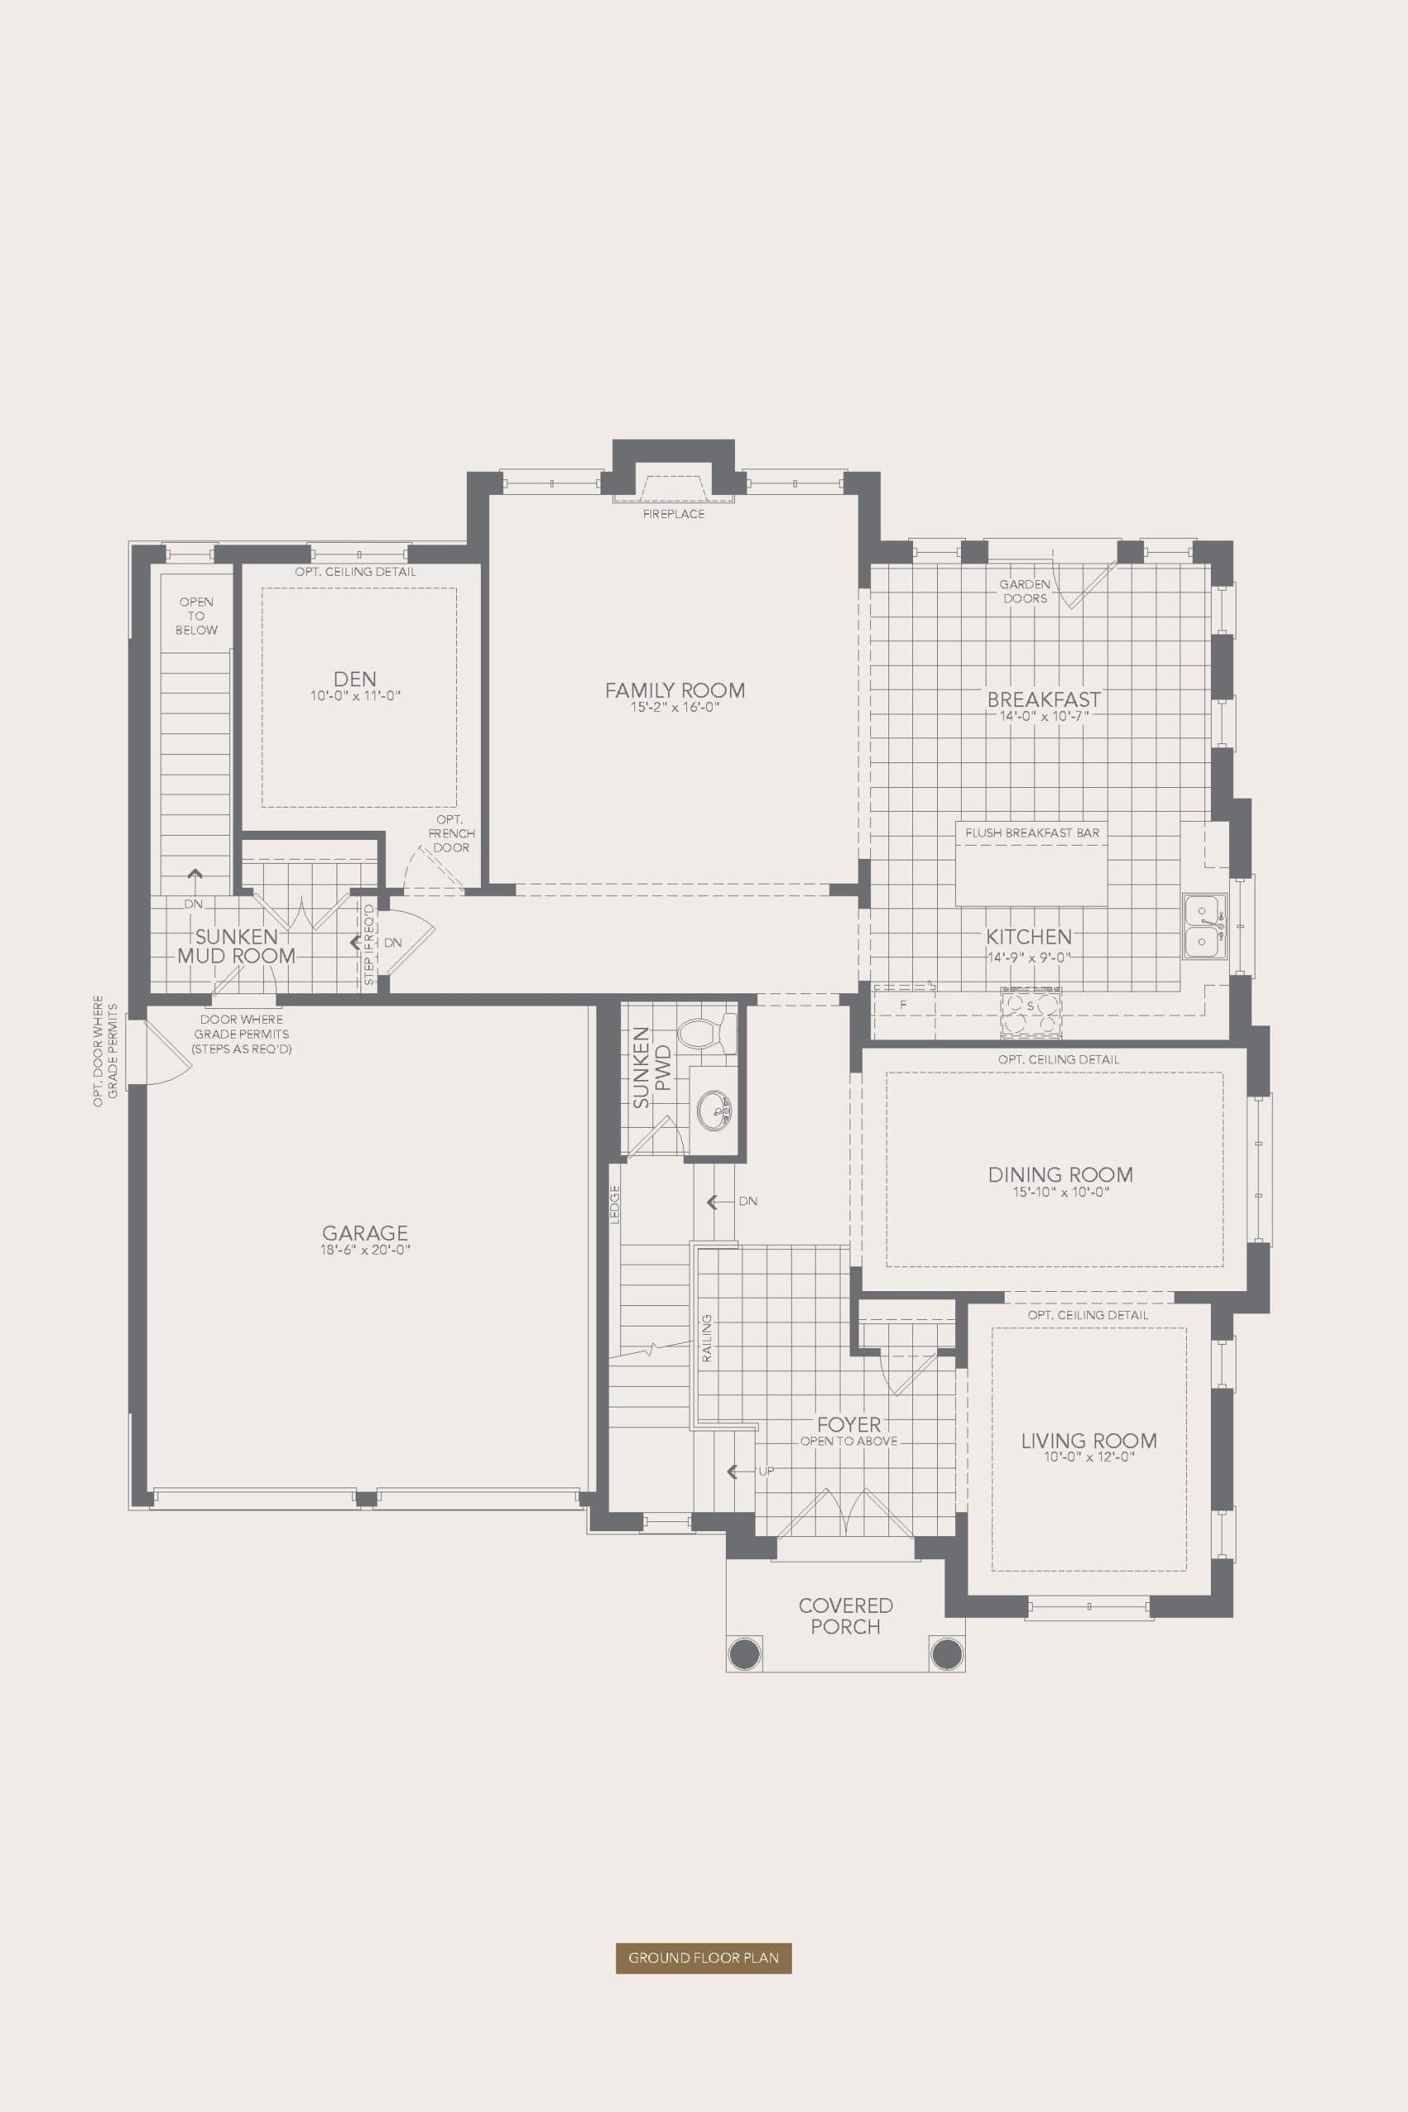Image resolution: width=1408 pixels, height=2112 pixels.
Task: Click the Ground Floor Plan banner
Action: click(x=703, y=1957)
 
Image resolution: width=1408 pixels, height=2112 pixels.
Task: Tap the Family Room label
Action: click(x=675, y=690)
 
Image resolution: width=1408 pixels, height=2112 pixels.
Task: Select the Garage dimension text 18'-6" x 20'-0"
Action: click(x=365, y=1250)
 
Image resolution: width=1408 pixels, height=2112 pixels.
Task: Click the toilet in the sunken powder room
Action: click(x=707, y=1034)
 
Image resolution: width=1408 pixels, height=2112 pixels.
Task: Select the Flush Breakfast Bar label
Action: click(x=1032, y=832)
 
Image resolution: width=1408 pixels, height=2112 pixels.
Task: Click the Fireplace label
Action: click(x=673, y=514)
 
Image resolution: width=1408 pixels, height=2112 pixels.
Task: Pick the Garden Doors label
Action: click(x=1024, y=591)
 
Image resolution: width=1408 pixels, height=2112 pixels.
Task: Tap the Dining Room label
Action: click(x=1060, y=1174)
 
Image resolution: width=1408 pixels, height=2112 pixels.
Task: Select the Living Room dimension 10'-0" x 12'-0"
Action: click(x=1088, y=1458)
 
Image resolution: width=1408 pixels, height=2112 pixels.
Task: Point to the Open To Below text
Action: click(x=195, y=616)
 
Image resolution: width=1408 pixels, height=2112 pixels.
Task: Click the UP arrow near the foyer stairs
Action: click(x=735, y=1471)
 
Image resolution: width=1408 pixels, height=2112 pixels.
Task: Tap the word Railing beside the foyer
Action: click(x=707, y=1339)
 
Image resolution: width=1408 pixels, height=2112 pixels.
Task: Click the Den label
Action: click(x=355, y=679)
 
